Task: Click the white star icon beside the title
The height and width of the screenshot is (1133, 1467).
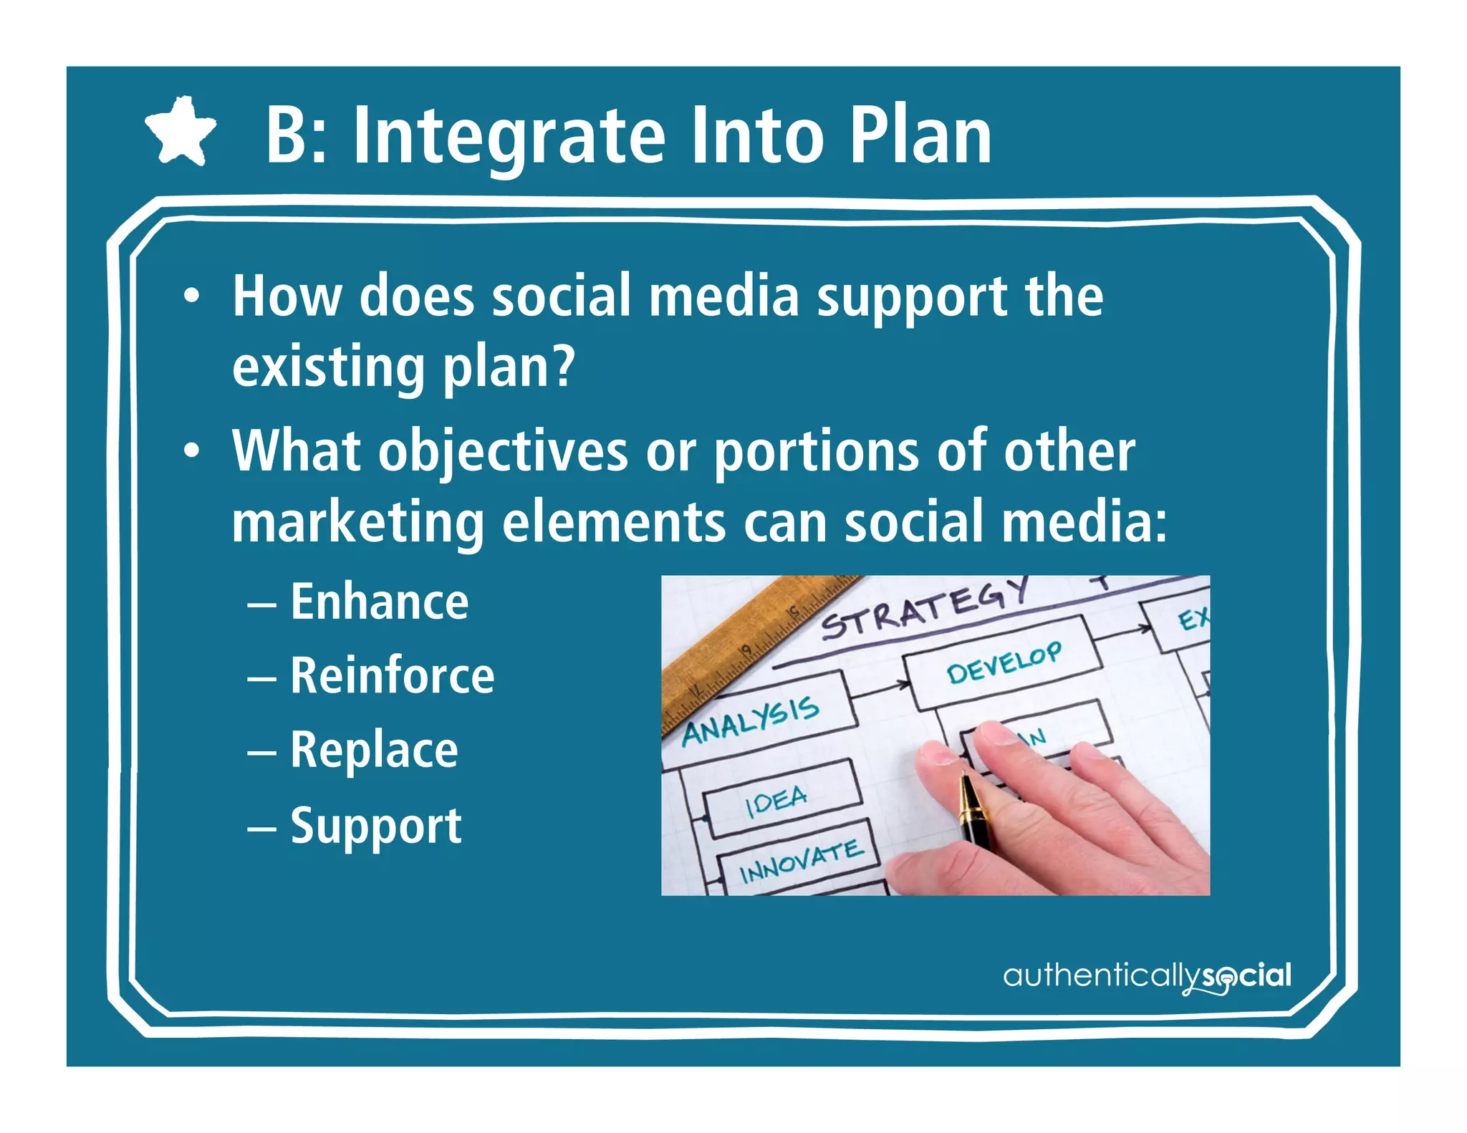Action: (x=181, y=132)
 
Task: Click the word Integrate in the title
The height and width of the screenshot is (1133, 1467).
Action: (x=510, y=136)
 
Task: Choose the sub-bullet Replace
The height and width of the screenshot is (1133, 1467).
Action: (x=374, y=750)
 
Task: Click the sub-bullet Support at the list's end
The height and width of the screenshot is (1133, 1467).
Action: (x=375, y=826)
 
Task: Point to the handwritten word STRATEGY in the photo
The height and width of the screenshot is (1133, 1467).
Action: (x=924, y=607)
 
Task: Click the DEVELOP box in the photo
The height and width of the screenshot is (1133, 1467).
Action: (x=1003, y=662)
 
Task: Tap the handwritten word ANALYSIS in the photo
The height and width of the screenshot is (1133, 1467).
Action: (x=750, y=721)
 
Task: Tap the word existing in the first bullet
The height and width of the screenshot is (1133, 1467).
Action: (x=328, y=368)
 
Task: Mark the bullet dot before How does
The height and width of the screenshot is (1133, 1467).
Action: (x=191, y=296)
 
